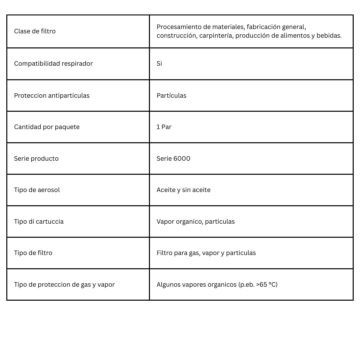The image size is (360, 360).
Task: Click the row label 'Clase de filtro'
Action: click(x=35, y=31)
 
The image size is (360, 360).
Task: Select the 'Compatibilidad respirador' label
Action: click(x=53, y=63)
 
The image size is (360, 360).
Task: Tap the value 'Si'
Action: click(x=159, y=63)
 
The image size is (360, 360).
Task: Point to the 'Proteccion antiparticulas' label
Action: click(x=52, y=95)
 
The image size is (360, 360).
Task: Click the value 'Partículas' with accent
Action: click(x=171, y=95)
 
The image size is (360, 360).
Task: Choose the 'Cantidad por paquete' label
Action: click(x=47, y=127)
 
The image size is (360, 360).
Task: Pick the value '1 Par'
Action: click(x=164, y=127)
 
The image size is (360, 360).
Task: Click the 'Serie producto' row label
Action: click(x=36, y=158)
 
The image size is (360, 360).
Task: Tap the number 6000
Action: click(x=182, y=158)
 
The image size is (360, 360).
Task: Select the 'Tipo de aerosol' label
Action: click(x=37, y=190)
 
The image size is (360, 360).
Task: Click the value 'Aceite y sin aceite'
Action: click(x=183, y=190)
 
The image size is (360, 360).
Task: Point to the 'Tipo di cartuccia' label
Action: click(x=39, y=221)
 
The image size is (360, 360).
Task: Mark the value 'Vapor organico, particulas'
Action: click(x=196, y=221)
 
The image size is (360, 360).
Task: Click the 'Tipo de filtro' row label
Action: click(x=33, y=253)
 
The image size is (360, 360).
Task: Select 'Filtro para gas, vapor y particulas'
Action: click(x=206, y=253)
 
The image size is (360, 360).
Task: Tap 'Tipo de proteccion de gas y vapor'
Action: click(x=64, y=284)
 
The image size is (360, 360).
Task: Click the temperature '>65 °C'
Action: click(x=266, y=284)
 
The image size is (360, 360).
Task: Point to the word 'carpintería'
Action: click(x=216, y=36)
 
